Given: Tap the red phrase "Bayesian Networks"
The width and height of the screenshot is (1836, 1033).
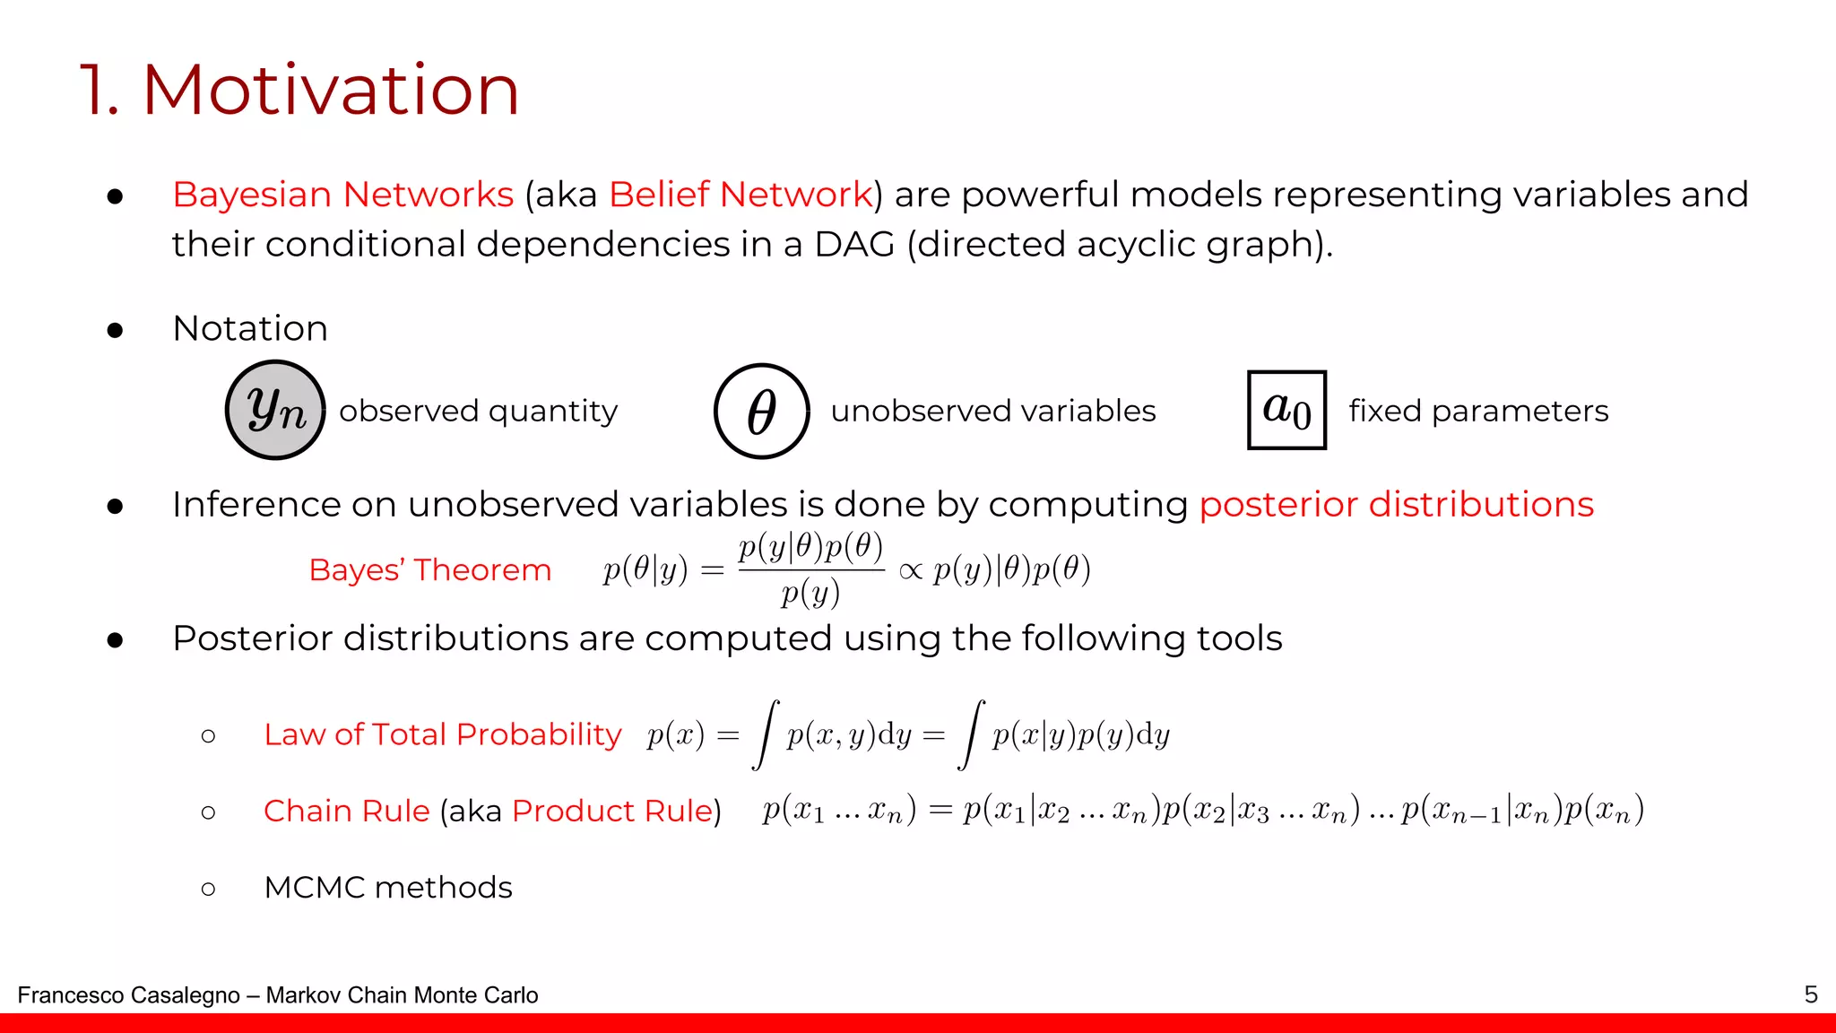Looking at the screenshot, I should point(342,195).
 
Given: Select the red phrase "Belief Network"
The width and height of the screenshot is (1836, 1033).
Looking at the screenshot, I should point(740,195).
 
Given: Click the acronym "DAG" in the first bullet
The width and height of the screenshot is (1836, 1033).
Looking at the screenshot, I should point(853,244).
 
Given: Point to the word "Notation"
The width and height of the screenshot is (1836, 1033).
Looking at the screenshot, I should point(250,328).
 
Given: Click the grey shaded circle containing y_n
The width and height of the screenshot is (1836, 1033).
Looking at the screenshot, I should point(275,411).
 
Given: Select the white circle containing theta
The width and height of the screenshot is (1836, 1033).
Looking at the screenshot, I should point(761,412).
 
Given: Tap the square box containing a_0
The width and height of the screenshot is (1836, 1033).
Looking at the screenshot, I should point(1286,410).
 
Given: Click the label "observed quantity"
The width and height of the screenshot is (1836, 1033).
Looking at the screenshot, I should point(478,411).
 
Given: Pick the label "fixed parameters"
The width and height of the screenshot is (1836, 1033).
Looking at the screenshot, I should point(1478,411).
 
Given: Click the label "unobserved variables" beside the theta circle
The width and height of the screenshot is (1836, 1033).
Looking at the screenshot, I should point(992,411).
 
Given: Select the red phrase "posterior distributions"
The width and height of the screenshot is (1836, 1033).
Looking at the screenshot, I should point(1396,504).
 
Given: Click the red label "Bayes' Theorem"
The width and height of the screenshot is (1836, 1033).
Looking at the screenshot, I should point(429,570).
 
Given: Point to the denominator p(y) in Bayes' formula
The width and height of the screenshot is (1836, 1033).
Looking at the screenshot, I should point(810,594).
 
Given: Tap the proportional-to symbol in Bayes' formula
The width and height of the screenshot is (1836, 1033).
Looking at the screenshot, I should point(910,571).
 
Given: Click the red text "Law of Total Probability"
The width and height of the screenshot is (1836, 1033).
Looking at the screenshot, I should point(442,734).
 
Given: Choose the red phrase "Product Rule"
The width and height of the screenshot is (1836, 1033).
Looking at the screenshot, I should point(612,811).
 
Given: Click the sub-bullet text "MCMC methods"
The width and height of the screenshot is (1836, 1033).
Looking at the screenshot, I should point(387,887).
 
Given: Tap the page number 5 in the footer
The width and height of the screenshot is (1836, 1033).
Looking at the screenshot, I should point(1811,994).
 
